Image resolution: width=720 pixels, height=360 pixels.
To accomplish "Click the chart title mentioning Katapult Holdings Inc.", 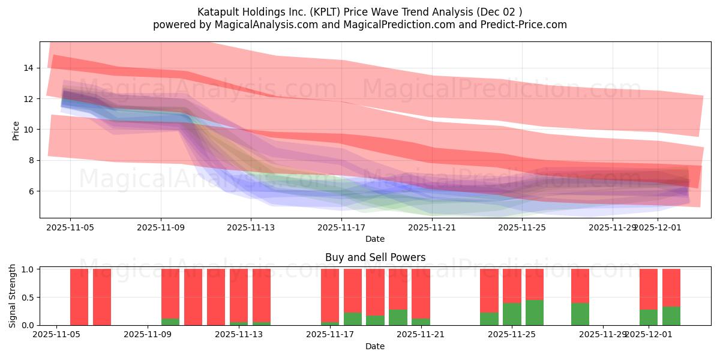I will coord(359,12).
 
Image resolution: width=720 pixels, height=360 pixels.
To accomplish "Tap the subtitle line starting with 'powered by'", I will coord(359,25).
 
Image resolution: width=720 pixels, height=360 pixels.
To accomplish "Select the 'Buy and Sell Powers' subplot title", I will coord(375,257).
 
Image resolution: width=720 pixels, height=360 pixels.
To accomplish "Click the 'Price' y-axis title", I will coord(16,131).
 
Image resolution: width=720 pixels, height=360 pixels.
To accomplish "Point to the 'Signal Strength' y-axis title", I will coord(13,296).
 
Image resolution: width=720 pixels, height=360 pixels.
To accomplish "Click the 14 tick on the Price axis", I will coord(28,68).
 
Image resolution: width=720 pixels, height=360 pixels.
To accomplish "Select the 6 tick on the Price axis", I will coord(31,191).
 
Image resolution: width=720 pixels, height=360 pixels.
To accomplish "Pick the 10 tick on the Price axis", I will coord(28,130).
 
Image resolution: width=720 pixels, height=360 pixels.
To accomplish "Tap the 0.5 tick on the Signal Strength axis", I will coord(26,297).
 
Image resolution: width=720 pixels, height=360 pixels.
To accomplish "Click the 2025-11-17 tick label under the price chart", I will coord(341,227).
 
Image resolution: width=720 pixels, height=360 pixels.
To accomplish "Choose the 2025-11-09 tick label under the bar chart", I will coord(147,335).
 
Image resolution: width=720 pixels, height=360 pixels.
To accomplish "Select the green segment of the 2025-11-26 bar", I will coord(535,313).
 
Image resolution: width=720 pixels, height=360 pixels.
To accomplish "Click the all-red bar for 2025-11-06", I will coord(79,297).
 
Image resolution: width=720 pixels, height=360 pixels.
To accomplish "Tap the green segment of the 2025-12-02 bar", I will coord(671,316).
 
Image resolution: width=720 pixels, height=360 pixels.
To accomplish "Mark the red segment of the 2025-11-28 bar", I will coord(580,286).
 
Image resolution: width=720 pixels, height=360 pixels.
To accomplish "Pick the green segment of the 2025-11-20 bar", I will coord(398,317).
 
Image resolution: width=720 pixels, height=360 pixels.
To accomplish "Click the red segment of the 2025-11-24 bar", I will coord(489,290).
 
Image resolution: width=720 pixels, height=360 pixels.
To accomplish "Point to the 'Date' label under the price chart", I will coord(375,239).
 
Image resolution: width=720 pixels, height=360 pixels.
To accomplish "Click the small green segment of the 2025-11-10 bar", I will coord(170,322).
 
